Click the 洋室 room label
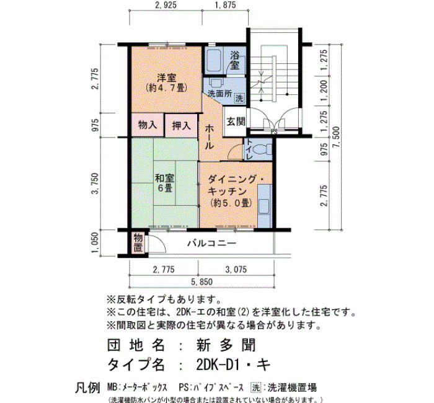pyautogui.click(x=166, y=78)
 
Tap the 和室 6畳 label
pyautogui.click(x=164, y=183)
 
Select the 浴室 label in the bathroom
pyautogui.click(x=235, y=61)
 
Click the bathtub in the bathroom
pyautogui.click(x=214, y=61)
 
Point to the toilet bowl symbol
pyautogui.click(x=261, y=150)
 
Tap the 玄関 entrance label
pyautogui.click(x=236, y=122)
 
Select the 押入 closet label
pyautogui.click(x=181, y=126)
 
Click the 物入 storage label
pyautogui.click(x=148, y=125)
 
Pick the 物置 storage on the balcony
pyautogui.click(x=138, y=242)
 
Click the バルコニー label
pyautogui.click(x=212, y=243)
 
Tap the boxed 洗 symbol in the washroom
pyautogui.click(x=239, y=98)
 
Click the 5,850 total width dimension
pyautogui.click(x=202, y=282)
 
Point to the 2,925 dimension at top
pyautogui.click(x=166, y=5)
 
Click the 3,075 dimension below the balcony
pyautogui.click(x=236, y=269)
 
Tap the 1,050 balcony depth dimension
pyautogui.click(x=94, y=242)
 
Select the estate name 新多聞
pyautogui.click(x=226, y=345)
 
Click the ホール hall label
pyautogui.click(x=209, y=137)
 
